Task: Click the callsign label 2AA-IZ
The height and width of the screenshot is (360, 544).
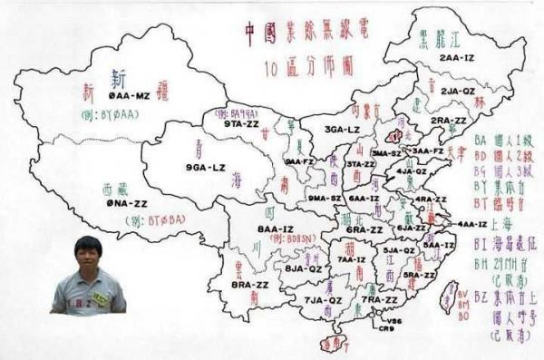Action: coord(457,57)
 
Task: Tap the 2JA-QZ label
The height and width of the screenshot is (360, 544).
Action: coord(457,91)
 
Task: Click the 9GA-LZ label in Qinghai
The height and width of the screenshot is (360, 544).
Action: coord(205,168)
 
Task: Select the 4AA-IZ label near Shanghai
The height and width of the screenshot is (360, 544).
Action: coord(471,224)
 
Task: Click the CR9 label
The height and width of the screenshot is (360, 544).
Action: coord(386,329)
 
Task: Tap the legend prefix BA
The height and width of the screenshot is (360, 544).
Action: coord(480,141)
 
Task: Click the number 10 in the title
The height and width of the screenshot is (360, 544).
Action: coord(274,66)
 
